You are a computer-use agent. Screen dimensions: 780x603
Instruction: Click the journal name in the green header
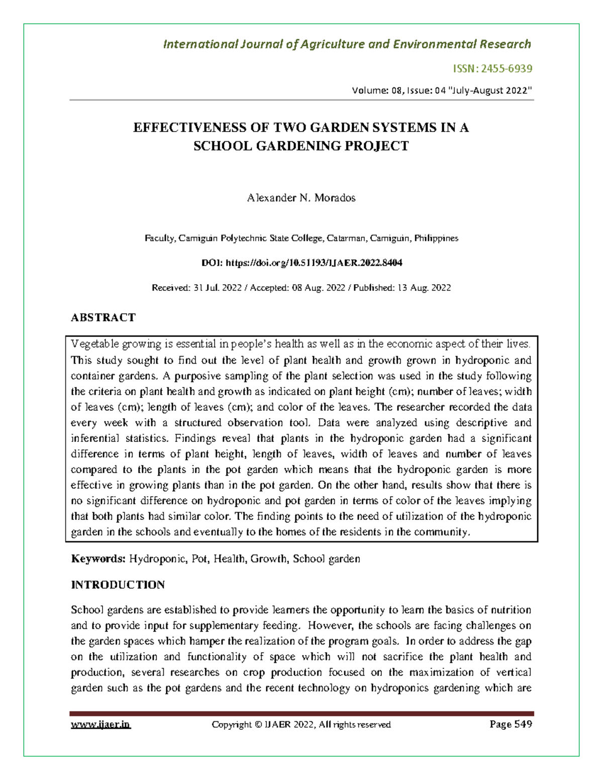347,44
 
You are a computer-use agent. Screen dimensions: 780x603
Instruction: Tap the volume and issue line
442,90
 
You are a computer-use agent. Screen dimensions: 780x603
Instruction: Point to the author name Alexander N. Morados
301,198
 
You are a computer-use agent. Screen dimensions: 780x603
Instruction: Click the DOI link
314,263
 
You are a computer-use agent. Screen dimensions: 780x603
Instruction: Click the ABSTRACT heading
103,317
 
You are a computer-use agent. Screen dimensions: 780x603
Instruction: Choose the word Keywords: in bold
98,559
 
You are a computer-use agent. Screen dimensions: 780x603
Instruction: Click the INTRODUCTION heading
118,585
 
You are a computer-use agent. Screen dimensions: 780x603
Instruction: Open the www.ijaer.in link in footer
100,724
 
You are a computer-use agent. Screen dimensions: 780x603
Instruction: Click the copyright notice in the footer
301,724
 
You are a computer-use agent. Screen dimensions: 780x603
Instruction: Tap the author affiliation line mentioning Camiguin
301,238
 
